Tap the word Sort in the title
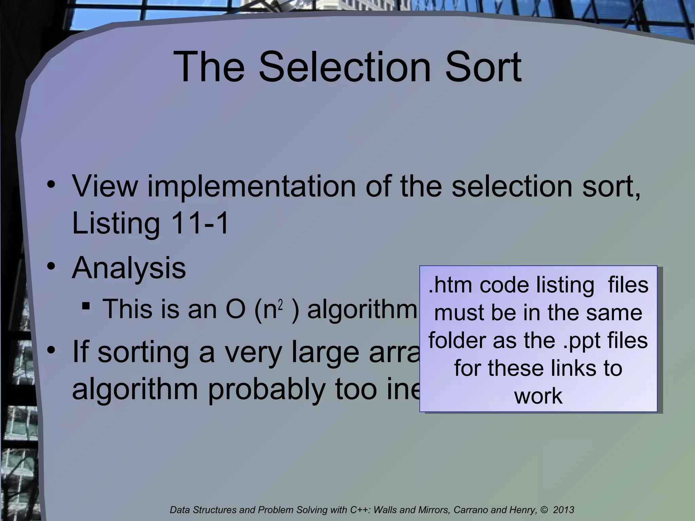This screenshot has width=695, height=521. click(483, 67)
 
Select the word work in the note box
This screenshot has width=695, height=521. click(538, 396)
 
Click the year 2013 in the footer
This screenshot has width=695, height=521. click(564, 510)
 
